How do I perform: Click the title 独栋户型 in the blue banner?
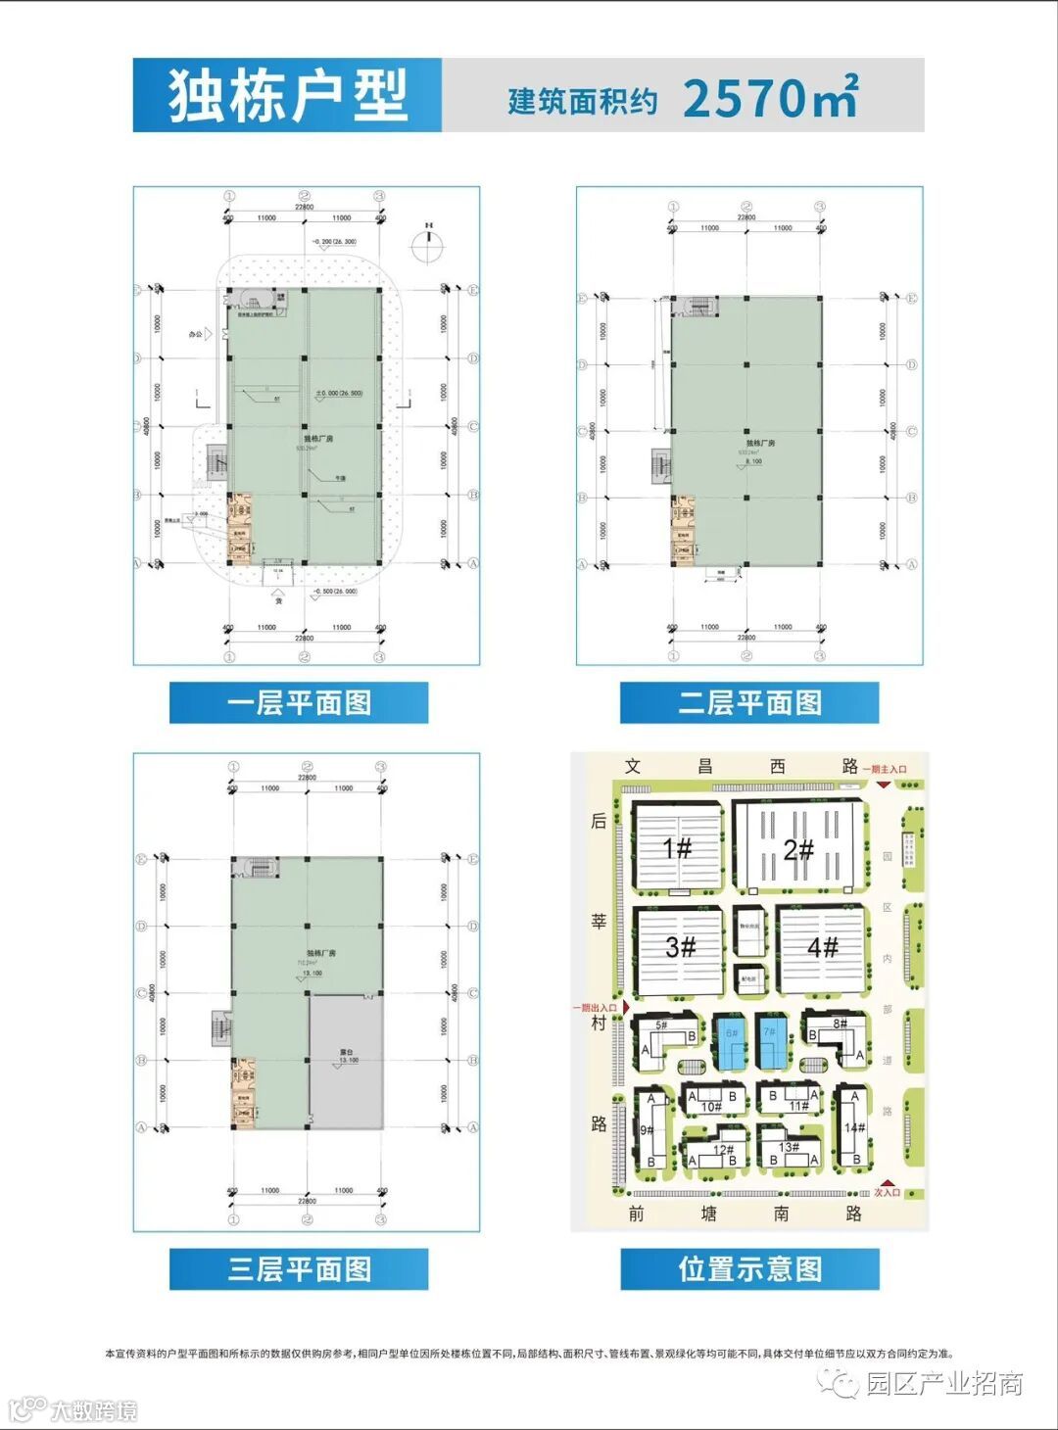(x=287, y=96)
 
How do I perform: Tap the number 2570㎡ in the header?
(x=770, y=98)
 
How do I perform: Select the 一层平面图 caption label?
(x=299, y=703)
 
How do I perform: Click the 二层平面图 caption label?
(x=749, y=703)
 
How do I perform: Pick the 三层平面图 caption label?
(x=299, y=1269)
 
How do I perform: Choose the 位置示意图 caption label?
(x=749, y=1269)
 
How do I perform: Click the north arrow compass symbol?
(x=428, y=244)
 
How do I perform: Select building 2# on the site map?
(x=799, y=848)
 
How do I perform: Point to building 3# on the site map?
(x=681, y=947)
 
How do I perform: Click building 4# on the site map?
(x=823, y=947)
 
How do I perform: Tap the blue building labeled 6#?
(x=731, y=1041)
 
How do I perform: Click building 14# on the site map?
(x=854, y=1128)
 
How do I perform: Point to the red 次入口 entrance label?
(x=887, y=1192)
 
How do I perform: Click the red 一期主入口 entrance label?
(x=885, y=769)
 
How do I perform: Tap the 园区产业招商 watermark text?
(x=944, y=1383)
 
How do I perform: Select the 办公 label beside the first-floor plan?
(x=198, y=334)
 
